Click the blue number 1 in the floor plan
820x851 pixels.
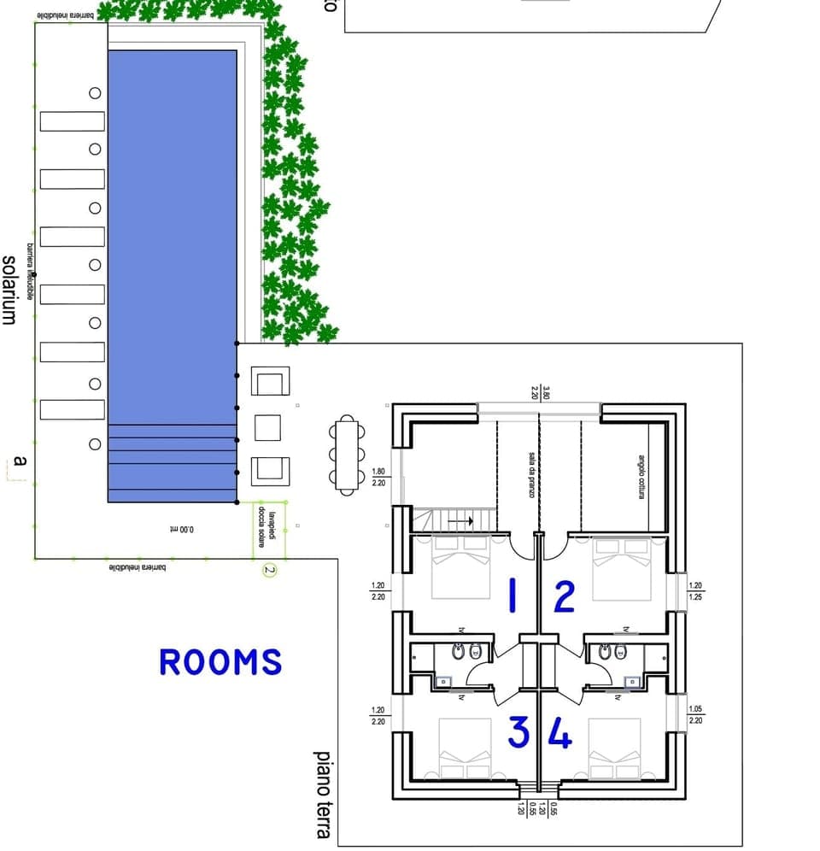[x=512, y=596]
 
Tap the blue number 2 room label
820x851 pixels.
[x=565, y=597]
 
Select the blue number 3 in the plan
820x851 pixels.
[x=518, y=732]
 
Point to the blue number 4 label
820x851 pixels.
[x=559, y=733]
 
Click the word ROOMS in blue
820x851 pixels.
[x=220, y=662]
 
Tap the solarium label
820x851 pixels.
[x=9, y=290]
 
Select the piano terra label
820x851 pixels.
[x=324, y=794]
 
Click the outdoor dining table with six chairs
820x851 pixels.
[x=346, y=455]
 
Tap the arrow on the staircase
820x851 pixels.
[x=460, y=519]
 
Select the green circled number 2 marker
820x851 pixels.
[x=270, y=570]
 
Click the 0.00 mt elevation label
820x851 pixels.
[x=181, y=530]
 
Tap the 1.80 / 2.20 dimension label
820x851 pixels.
[x=378, y=477]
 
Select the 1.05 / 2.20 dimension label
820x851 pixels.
[x=694, y=714]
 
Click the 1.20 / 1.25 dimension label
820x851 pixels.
[x=694, y=591]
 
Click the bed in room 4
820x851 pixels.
[x=614, y=748]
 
